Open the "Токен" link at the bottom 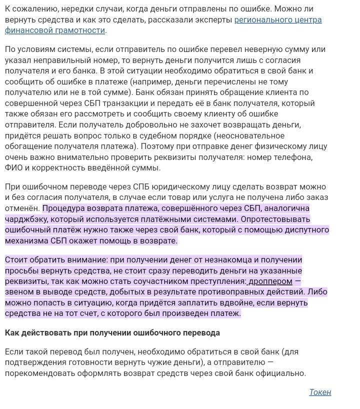click(x=320, y=392)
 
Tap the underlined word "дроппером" click(x=270, y=281)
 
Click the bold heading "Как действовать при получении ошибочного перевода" click(x=112, y=332)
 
